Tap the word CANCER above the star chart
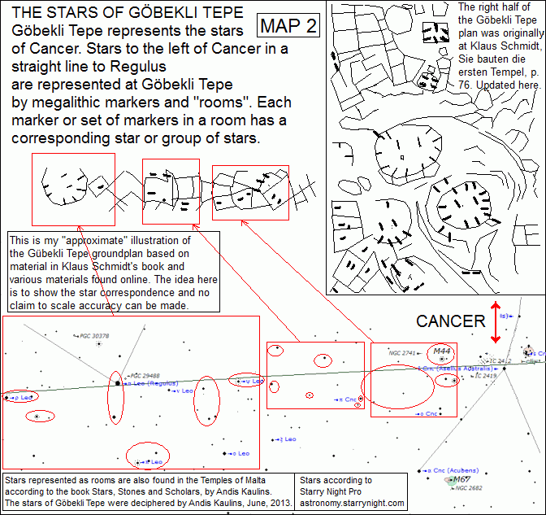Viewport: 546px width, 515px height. click(x=450, y=321)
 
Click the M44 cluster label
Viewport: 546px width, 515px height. click(x=442, y=351)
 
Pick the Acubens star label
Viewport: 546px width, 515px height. click(x=442, y=469)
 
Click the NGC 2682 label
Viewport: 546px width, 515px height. click(x=469, y=488)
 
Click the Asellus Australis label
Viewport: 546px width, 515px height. click(x=446, y=369)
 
